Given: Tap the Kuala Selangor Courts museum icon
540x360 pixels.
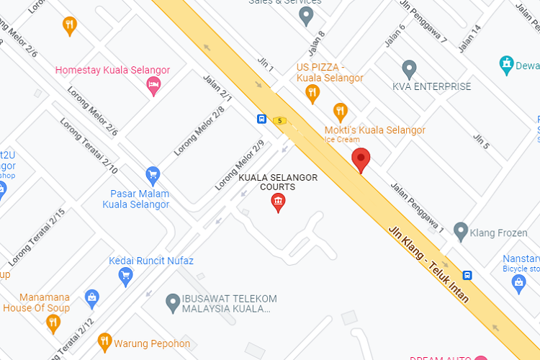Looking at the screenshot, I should [x=278, y=204].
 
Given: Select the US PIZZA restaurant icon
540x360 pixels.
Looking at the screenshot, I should [x=312, y=92].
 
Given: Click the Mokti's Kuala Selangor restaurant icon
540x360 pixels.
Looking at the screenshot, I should [x=341, y=112].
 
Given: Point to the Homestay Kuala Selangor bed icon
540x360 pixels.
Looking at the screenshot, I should [x=153, y=87].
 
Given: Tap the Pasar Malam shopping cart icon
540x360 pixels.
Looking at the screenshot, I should [x=152, y=174].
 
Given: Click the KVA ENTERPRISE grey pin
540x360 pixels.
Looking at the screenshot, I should [x=409, y=69].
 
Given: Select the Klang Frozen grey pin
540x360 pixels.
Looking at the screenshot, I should [x=461, y=232].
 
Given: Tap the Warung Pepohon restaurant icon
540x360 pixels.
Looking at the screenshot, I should [x=105, y=341].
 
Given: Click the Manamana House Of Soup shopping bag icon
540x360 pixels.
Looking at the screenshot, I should [x=91, y=296].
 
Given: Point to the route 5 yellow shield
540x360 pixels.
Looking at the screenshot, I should [x=279, y=120].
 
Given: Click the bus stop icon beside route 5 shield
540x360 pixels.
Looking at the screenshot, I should [x=261, y=119].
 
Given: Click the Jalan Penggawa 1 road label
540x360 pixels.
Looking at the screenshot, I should [x=418, y=212].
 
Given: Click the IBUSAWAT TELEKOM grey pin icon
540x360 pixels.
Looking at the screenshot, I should [x=172, y=302].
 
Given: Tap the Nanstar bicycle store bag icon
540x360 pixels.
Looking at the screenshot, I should [x=518, y=284].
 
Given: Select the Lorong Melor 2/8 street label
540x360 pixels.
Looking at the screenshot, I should [x=199, y=132].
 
